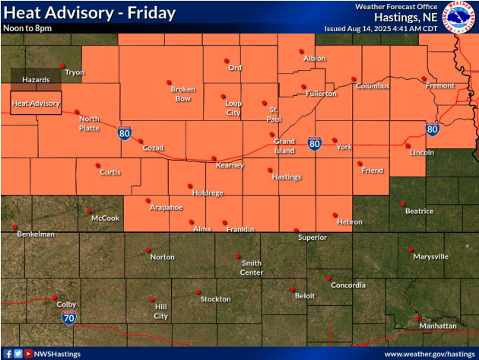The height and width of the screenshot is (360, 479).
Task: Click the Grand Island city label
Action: click(x=284, y=145)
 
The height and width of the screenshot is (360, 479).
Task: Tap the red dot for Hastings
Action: click(x=270, y=170)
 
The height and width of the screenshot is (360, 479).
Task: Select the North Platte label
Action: click(x=89, y=123)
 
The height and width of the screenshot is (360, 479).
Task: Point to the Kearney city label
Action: click(x=230, y=165)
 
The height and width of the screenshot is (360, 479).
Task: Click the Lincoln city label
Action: click(x=421, y=152)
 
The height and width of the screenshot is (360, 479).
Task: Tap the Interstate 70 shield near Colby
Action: click(x=68, y=315)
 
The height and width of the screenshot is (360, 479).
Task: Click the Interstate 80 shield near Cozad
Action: click(x=124, y=133)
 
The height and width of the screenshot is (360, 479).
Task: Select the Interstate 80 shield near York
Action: click(x=313, y=142)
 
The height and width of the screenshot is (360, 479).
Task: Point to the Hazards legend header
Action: click(x=35, y=79)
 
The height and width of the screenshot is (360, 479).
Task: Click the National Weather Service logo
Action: click(x=458, y=17)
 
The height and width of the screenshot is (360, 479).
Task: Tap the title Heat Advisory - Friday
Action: click(x=90, y=14)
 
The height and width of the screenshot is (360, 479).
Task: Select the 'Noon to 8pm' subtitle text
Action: click(x=28, y=28)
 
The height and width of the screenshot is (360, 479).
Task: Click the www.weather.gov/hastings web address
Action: click(x=429, y=354)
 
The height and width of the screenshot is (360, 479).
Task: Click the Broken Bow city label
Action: click(x=181, y=94)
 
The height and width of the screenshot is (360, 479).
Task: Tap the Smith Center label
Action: click(x=252, y=268)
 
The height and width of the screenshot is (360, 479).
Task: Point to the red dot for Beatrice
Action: click(x=403, y=203)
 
